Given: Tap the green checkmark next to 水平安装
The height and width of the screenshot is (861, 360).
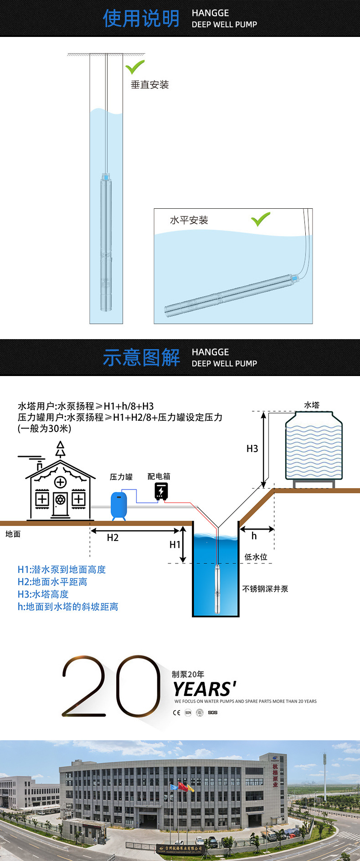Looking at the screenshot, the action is point(260,219).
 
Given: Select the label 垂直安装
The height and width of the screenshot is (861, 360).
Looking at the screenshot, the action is point(150,85).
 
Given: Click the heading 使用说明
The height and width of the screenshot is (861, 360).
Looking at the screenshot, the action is point(141,19).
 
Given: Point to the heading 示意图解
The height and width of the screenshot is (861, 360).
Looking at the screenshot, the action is point(141,358).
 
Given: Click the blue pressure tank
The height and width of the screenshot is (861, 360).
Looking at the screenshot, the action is point(119,505).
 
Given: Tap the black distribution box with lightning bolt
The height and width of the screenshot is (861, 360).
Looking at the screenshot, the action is point(161,491).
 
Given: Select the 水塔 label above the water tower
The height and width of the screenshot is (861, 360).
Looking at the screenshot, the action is point(312,405).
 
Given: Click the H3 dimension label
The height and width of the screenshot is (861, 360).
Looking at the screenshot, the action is point(252,449).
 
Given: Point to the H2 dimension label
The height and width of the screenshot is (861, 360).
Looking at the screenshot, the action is point(113,538).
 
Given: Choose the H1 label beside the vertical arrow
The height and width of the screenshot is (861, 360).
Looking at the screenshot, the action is point(175,545).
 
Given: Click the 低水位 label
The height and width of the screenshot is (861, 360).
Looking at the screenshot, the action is point(256,557).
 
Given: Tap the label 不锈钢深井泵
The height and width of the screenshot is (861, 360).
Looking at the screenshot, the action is point(265,589).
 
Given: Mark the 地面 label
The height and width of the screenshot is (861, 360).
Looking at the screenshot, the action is point(13,534).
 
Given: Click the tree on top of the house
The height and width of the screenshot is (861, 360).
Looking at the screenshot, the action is point(60,449).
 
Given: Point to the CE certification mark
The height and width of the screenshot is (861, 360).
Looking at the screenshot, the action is point(176,713).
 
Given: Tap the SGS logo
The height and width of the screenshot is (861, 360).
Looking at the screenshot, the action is point(213,713).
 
